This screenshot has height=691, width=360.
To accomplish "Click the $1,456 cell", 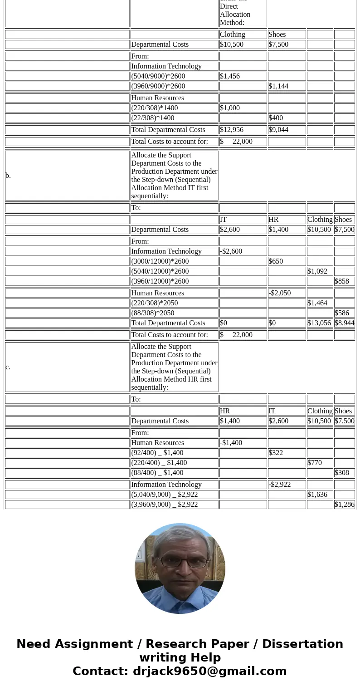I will click(x=230, y=76).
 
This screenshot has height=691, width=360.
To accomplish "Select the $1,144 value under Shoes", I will click(x=278, y=86).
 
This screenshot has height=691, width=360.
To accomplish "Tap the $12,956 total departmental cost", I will click(x=232, y=130).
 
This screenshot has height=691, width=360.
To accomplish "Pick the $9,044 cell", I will click(x=278, y=130).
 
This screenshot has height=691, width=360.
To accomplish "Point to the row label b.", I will click(x=8, y=176).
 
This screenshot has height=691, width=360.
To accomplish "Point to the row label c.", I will click(x=8, y=367).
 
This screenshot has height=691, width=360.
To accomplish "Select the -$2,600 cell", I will click(x=231, y=251).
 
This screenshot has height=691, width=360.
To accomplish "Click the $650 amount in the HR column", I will click(x=276, y=261).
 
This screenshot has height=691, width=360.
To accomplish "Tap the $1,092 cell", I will click(x=317, y=271).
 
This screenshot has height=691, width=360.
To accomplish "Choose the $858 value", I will click(x=342, y=281).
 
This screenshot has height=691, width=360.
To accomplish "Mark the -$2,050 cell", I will click(x=280, y=293).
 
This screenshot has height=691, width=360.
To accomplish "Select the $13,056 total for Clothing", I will click(x=319, y=323).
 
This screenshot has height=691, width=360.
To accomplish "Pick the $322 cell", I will click(x=276, y=453).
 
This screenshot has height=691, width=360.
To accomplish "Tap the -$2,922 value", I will click(x=280, y=485).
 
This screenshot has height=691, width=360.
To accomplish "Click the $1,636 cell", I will click(x=317, y=495).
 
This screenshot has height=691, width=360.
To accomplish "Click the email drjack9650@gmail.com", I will click(x=209, y=671).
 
